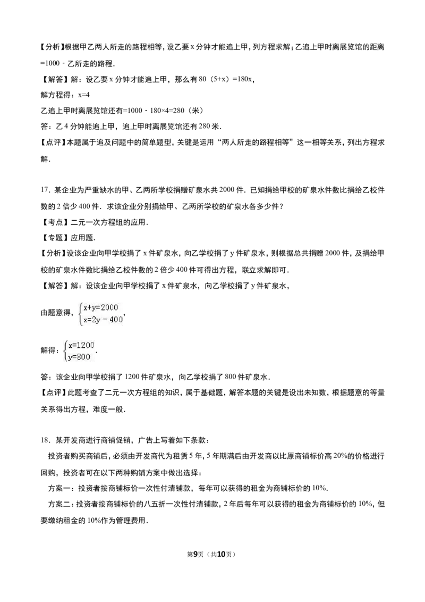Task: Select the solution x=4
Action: pyautogui.click(x=83, y=95)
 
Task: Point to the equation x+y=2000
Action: pyautogui.click(x=100, y=307)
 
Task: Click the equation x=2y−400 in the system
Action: pyautogui.click(x=103, y=320)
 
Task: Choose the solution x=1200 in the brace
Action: pyautogui.click(x=81, y=345)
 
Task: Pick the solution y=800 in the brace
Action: pyautogui.click(x=79, y=357)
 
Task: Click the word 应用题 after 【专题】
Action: pyautogui.click(x=82, y=238)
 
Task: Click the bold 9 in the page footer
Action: pyautogui.click(x=195, y=554)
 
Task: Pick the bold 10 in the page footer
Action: pyautogui.click(x=221, y=554)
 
